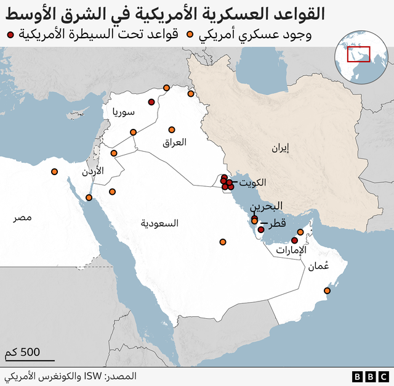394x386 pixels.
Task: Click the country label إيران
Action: pos(279,147)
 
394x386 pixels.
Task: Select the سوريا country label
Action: pos(123,112)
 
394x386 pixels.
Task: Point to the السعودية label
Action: pos(159,223)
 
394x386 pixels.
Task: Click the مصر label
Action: pos(24,218)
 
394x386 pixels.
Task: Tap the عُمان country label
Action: pos(318,266)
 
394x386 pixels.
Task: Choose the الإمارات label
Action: pos(290,250)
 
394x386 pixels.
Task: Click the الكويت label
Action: pos(253,183)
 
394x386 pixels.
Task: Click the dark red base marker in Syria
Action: pos(151,102)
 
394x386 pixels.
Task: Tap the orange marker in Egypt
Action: pos(55,171)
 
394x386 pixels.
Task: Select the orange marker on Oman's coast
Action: pos(328,290)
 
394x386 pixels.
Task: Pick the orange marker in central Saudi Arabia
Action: pos(223,242)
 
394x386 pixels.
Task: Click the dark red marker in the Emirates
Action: pos(294,240)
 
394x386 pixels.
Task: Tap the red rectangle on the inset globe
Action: pos(358,54)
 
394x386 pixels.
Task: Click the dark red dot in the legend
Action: pos(10,35)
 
